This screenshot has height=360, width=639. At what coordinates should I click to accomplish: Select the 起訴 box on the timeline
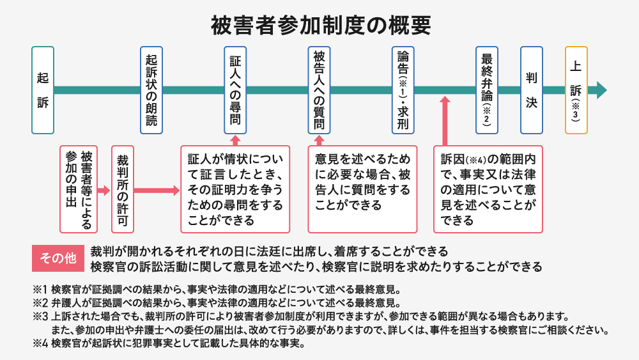[x=43, y=90]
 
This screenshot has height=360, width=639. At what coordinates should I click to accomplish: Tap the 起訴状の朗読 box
[x=151, y=90]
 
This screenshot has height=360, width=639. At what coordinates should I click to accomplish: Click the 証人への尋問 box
[x=235, y=90]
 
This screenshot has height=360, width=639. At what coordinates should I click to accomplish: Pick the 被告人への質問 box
[x=319, y=90]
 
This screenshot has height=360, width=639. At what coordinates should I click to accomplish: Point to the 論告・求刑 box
[x=403, y=90]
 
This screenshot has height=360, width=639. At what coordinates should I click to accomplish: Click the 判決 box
[x=531, y=90]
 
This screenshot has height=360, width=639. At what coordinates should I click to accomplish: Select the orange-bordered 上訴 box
[x=576, y=90]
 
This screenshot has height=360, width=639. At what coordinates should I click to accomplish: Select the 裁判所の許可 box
[x=123, y=189]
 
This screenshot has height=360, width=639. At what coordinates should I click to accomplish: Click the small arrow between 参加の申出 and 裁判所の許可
[x=104, y=190]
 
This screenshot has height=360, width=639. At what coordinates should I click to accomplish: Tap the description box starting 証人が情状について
[x=235, y=189]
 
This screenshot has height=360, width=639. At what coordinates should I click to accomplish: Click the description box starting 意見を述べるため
[x=362, y=189]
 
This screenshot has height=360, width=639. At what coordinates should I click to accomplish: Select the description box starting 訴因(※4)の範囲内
[x=488, y=189]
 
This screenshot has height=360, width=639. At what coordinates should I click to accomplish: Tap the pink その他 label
[x=58, y=258]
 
